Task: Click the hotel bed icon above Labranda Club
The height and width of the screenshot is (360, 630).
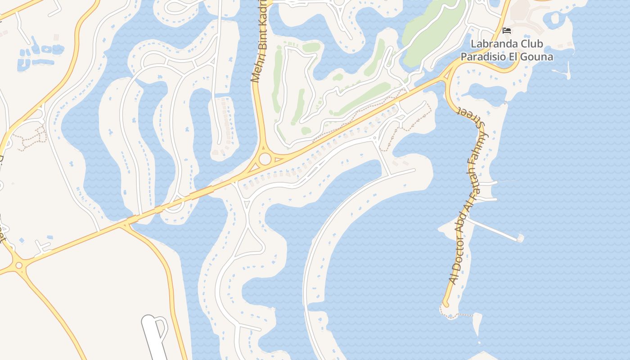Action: (507, 31)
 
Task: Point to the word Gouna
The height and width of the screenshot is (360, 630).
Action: (539, 57)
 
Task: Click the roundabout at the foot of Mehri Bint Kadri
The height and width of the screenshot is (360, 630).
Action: (265, 159)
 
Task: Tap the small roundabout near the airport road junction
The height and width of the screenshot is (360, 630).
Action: (19, 265)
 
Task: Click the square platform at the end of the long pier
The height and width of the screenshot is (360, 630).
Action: (520, 238)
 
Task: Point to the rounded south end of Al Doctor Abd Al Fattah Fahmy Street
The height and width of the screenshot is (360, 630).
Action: (445, 304)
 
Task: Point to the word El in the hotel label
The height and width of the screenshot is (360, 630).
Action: (516, 57)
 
